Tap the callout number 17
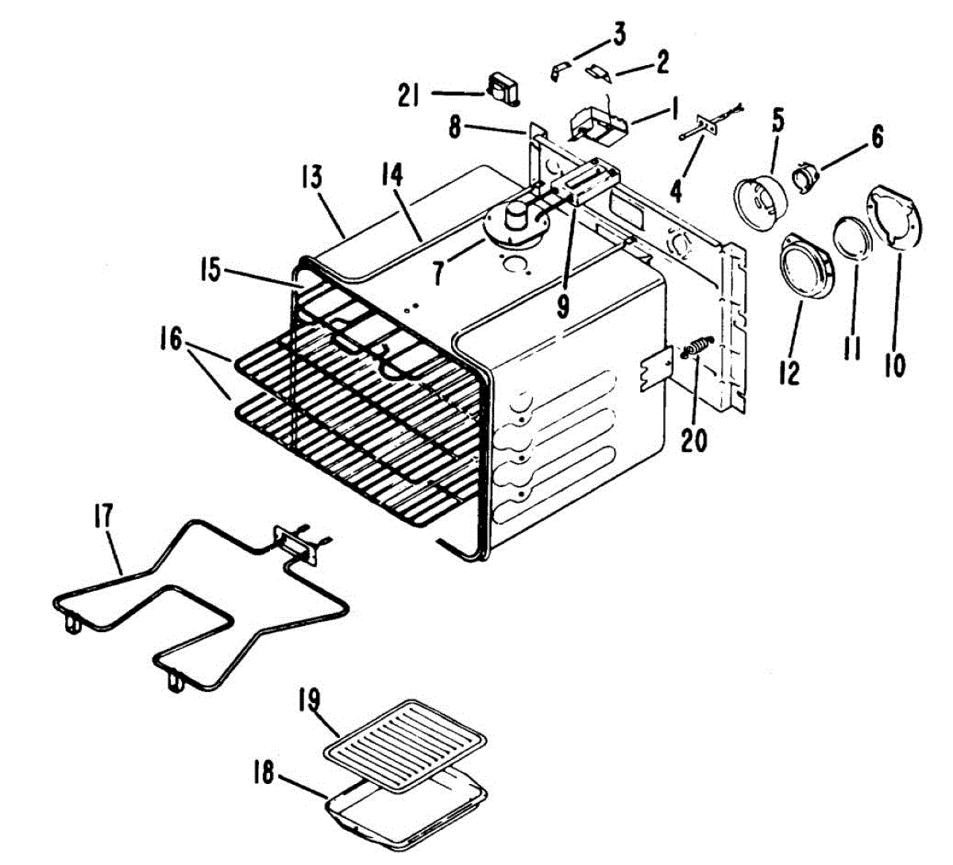pyautogui.click(x=105, y=518)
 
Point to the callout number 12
pyautogui.click(x=789, y=369)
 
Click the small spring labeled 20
pyautogui.click(x=696, y=349)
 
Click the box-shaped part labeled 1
pyautogui.click(x=596, y=125)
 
